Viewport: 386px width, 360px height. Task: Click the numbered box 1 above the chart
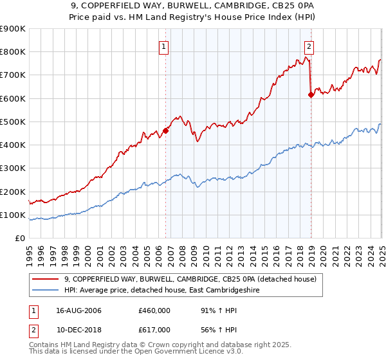pos(164,46)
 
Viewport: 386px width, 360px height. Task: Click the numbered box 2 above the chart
pos(309,46)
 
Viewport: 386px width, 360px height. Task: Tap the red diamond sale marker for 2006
pos(165,130)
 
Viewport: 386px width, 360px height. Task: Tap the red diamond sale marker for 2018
pos(311,94)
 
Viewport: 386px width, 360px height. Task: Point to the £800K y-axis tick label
pos(14,52)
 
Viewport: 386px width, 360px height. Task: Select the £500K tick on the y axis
pos(14,122)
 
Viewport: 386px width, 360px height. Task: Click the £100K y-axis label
pos(14,215)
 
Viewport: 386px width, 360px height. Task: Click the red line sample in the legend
pos(46,279)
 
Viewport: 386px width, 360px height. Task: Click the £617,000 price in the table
pos(154,329)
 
